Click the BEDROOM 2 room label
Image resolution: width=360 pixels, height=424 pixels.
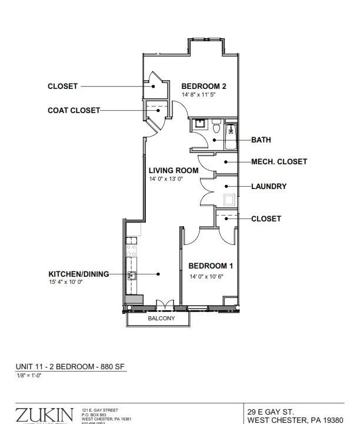pyautogui.click(x=204, y=86)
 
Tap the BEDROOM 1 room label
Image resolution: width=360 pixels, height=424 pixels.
pyautogui.click(x=206, y=266)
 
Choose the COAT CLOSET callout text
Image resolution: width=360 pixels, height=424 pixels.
pyautogui.click(x=74, y=110)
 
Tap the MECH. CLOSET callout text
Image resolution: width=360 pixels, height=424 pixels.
pyautogui.click(x=279, y=161)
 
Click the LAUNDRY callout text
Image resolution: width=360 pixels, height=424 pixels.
pyautogui.click(x=269, y=187)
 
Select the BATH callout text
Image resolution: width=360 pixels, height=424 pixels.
pyautogui.click(x=261, y=140)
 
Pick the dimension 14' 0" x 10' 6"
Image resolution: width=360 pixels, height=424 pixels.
pyautogui.click(x=206, y=276)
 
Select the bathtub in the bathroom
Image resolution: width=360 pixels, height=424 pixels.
pyautogui.click(x=231, y=136)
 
